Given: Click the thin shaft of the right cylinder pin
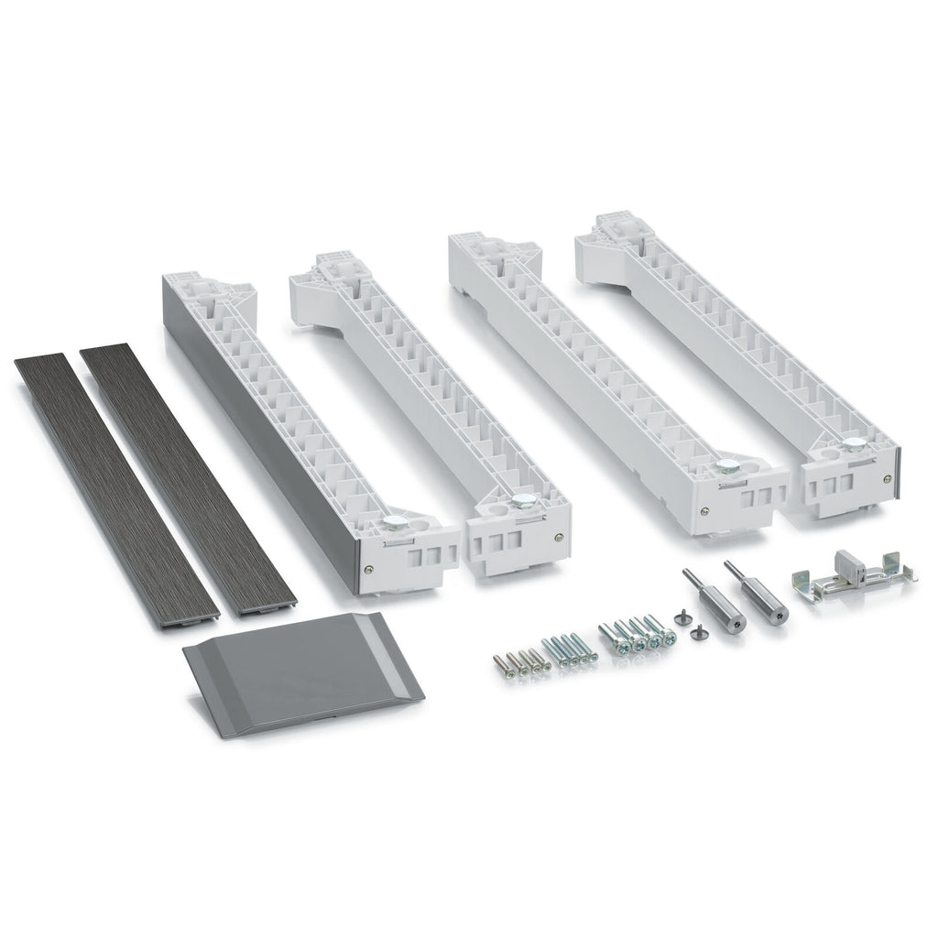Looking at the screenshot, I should (735, 572).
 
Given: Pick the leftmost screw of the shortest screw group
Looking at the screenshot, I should (502, 663).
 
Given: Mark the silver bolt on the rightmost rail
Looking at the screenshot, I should (855, 448).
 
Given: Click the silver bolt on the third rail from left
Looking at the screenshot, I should (728, 467).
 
